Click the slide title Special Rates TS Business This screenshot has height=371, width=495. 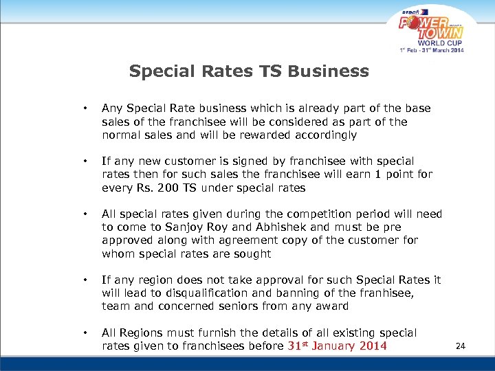[248, 71]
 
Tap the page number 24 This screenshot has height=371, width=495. [461, 346]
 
